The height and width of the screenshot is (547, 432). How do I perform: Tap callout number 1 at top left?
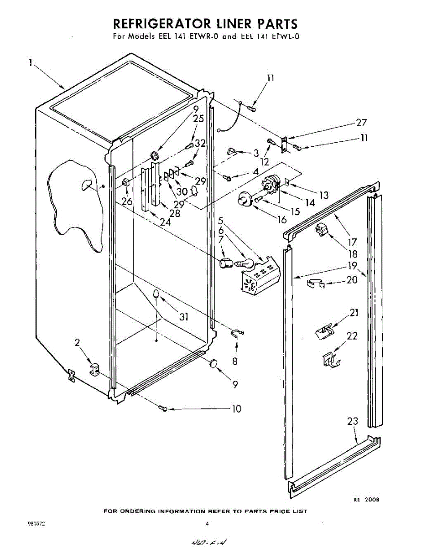[31, 64]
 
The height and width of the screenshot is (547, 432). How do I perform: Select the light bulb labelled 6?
[245, 263]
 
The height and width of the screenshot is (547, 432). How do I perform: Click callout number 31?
[184, 316]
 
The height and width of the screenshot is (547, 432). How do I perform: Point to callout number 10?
[236, 409]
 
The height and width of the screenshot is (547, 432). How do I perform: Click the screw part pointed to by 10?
[164, 408]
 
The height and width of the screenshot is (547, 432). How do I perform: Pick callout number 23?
[353, 422]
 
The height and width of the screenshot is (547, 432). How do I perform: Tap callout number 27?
[361, 123]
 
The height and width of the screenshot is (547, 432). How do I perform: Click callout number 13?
[323, 195]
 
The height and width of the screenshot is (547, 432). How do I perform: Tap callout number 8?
[235, 361]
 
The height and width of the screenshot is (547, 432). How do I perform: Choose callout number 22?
[352, 336]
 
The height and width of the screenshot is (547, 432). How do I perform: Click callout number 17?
[352, 243]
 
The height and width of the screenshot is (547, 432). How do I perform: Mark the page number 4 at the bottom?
[207, 524]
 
